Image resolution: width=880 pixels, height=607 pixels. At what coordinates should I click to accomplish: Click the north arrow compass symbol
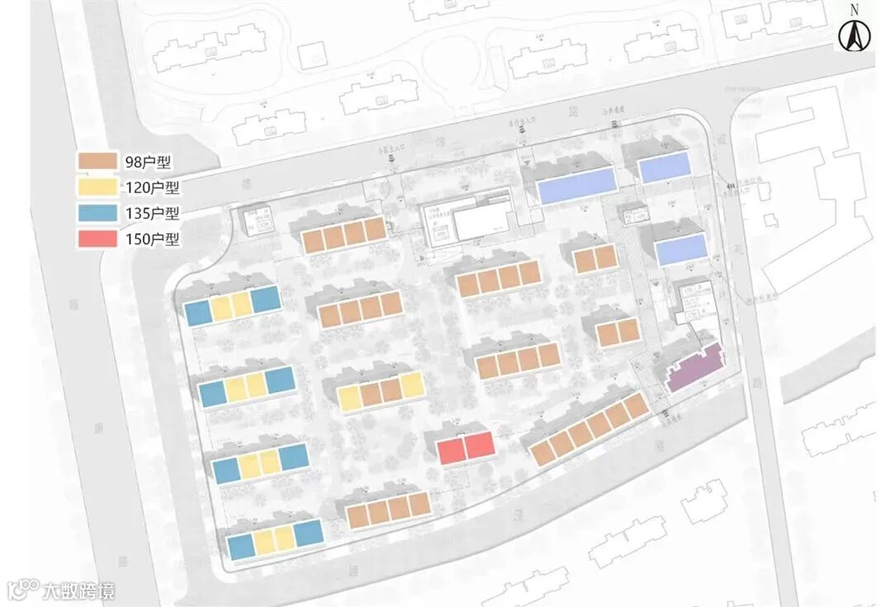point(854,35)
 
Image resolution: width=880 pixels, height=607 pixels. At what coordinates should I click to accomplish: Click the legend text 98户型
point(147,162)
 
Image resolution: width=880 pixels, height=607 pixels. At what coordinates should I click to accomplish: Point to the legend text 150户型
point(151,239)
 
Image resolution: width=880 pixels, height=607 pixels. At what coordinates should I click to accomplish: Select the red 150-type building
point(466,447)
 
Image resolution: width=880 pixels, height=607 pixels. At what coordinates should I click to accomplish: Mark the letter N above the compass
point(854,10)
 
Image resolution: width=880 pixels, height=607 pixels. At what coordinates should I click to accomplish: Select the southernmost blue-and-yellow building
point(275,539)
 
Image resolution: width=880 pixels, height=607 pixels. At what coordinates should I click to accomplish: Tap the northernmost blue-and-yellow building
point(232,306)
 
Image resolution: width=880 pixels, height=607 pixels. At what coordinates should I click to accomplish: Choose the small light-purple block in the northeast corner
point(665,168)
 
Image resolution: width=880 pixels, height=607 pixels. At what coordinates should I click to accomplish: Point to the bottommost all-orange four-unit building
point(388,510)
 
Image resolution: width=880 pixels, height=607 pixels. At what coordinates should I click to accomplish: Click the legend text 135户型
point(151,213)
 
